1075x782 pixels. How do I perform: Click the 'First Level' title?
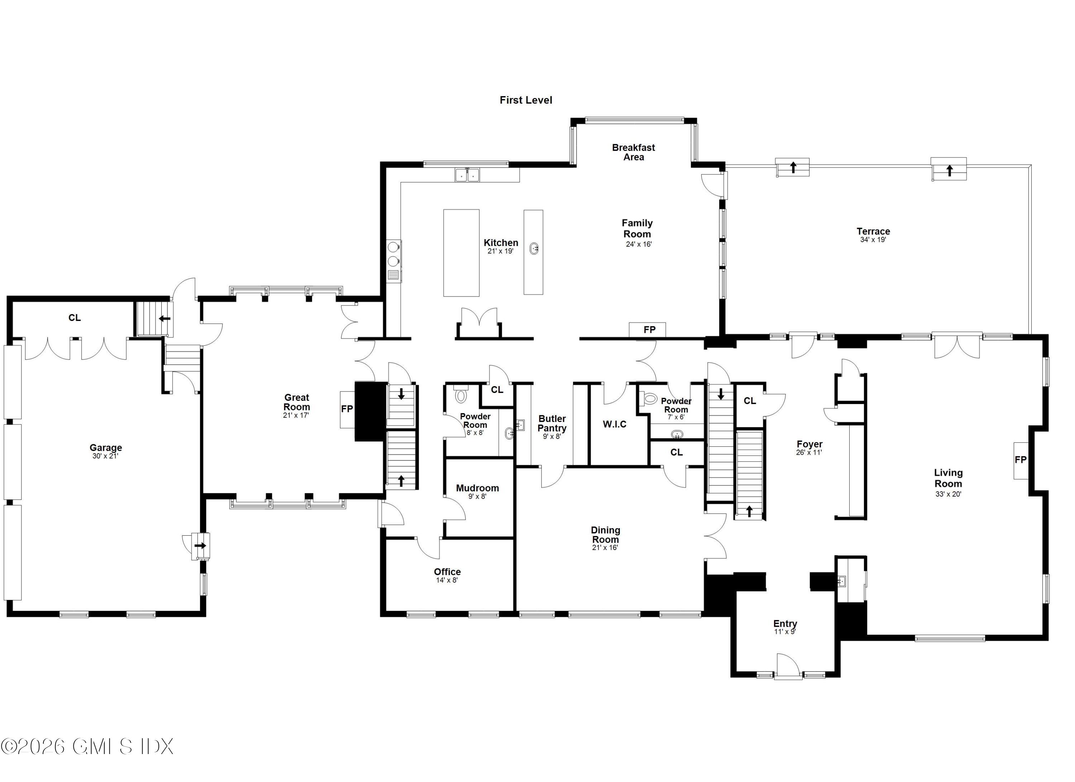pyautogui.click(x=526, y=100)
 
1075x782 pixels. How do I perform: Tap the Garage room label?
pyautogui.click(x=106, y=448)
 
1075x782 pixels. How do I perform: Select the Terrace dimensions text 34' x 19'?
pyautogui.click(x=873, y=240)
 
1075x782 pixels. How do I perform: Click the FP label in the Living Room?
pyautogui.click(x=1021, y=460)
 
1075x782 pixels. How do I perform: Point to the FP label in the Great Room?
pyautogui.click(x=347, y=409)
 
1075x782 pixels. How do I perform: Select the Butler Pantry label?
pyautogui.click(x=552, y=423)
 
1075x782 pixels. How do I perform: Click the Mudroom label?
pyautogui.click(x=477, y=488)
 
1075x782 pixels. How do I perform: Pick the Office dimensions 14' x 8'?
pyautogui.click(x=447, y=580)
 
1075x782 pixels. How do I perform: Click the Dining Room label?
pyautogui.click(x=605, y=535)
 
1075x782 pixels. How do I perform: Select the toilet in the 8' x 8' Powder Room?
pyautogui.click(x=461, y=395)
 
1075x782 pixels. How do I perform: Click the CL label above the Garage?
pyautogui.click(x=75, y=318)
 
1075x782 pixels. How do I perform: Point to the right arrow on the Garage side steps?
pyautogui.click(x=201, y=546)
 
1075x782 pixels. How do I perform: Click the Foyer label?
pyautogui.click(x=809, y=444)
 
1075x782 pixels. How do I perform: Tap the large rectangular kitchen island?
pyautogui.click(x=461, y=253)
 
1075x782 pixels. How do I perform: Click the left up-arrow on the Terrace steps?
pyautogui.click(x=793, y=167)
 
